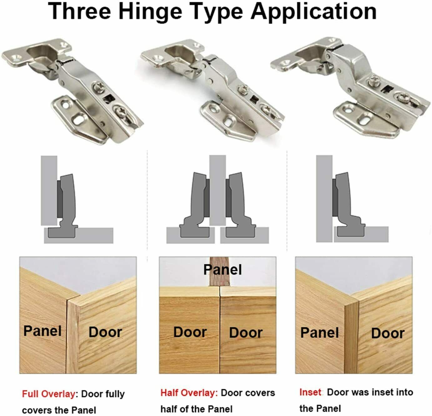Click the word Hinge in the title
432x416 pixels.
150,12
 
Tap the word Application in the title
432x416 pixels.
314,12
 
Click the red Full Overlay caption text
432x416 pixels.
49,394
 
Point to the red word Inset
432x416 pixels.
310,392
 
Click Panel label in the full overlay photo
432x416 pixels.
43,331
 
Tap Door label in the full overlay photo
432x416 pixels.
105,332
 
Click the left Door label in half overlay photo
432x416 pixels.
190,332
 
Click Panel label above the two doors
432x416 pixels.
223,270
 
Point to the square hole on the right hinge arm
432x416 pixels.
387,89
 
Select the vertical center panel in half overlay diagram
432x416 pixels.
218,190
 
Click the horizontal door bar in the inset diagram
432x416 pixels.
361,234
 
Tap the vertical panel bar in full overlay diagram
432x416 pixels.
49,191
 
